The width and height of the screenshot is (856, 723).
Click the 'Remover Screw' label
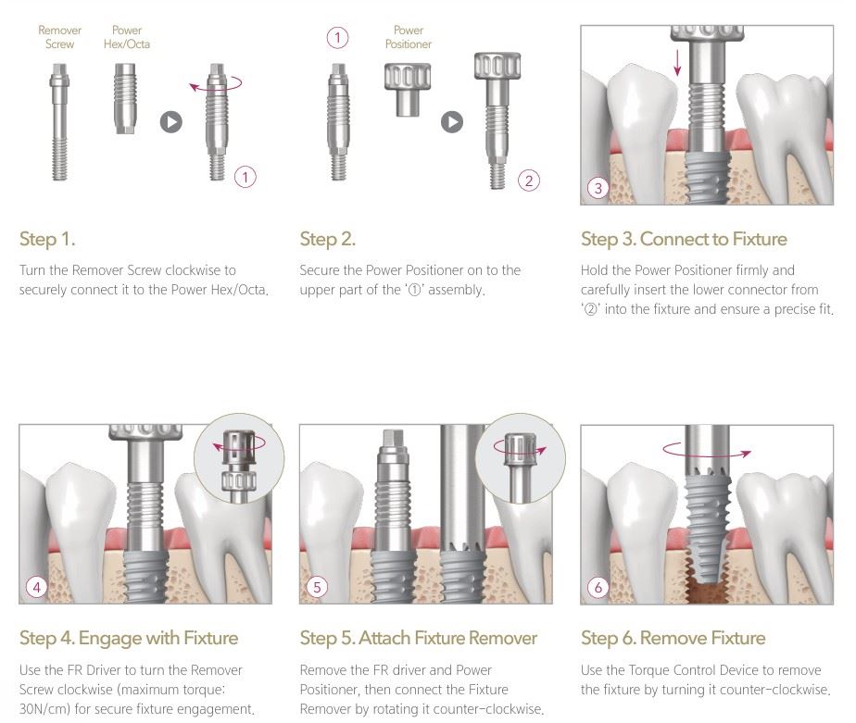(x=59, y=37)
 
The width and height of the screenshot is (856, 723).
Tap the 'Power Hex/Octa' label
(x=127, y=37)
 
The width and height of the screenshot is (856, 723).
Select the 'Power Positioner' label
(x=409, y=37)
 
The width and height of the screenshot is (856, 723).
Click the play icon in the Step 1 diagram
(x=171, y=121)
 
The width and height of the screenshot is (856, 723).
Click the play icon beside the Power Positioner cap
(x=452, y=121)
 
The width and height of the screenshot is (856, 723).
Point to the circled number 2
(x=528, y=181)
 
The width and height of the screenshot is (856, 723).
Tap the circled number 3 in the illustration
(x=598, y=188)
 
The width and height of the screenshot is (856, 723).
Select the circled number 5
(x=317, y=587)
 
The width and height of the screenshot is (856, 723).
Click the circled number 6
(x=598, y=587)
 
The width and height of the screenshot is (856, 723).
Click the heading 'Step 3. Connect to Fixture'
(x=684, y=239)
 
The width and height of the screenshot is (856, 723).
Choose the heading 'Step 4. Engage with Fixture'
(x=129, y=638)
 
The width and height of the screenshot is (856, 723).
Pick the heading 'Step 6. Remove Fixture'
(x=673, y=638)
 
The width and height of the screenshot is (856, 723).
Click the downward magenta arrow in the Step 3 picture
(x=677, y=62)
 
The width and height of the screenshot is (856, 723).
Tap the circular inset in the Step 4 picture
(x=240, y=458)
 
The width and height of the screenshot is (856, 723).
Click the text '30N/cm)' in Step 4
(x=44, y=709)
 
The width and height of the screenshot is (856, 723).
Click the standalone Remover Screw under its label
(x=59, y=121)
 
